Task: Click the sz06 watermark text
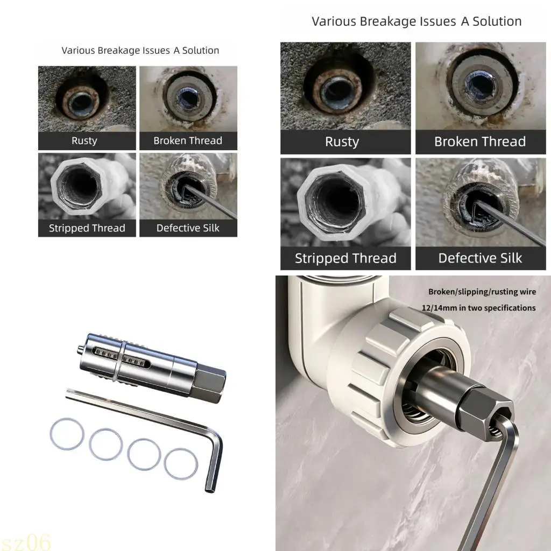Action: click(x=25, y=541)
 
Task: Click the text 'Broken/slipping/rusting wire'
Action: click(x=482, y=292)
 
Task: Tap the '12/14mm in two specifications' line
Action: click(x=478, y=308)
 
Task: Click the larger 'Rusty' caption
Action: click(x=342, y=142)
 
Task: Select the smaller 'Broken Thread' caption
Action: click(x=188, y=140)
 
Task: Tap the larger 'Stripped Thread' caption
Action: click(x=345, y=258)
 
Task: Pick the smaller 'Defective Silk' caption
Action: click(x=188, y=228)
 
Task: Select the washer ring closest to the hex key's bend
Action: click(x=181, y=464)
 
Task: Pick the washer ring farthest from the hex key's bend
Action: click(x=67, y=435)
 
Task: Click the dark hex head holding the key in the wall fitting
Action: click(x=484, y=408)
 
